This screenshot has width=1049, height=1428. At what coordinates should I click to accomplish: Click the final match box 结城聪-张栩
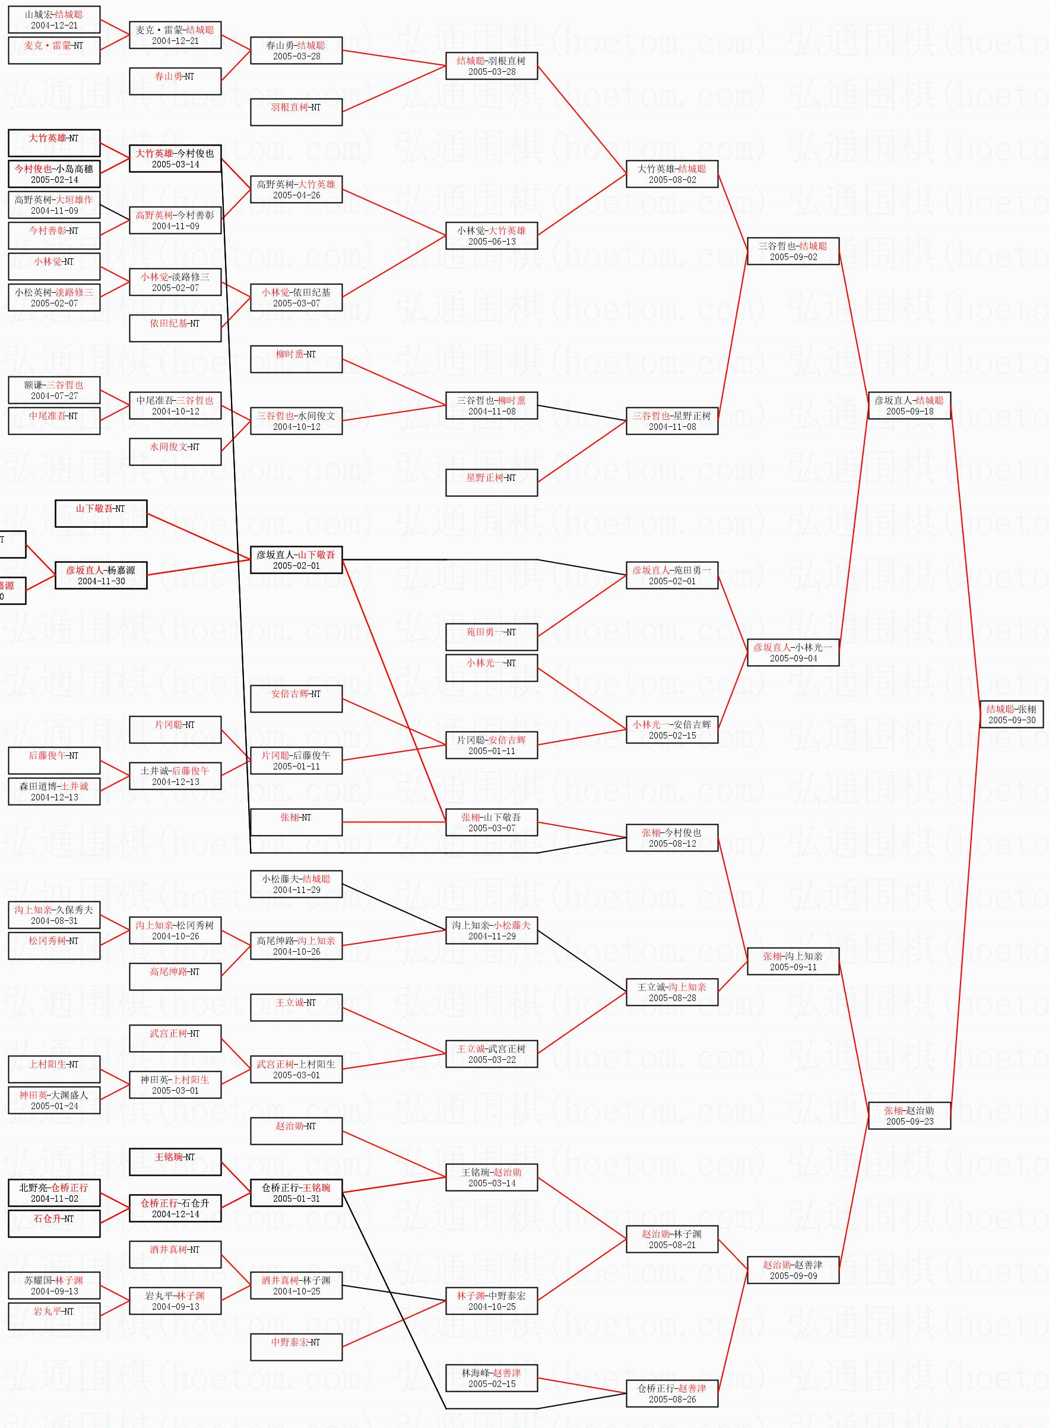tap(1011, 714)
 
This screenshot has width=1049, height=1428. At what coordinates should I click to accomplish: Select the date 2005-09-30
tap(1011, 720)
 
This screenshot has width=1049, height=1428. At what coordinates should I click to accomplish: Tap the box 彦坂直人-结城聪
tap(909, 406)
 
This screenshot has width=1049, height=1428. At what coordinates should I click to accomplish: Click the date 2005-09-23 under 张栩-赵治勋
tap(909, 1121)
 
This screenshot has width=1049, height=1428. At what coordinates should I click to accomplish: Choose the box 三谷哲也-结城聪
tap(793, 251)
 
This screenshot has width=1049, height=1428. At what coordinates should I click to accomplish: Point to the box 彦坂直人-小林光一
tap(793, 653)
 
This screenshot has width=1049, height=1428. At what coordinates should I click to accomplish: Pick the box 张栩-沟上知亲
tap(793, 961)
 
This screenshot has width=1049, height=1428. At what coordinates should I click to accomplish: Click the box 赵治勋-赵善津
tap(793, 1270)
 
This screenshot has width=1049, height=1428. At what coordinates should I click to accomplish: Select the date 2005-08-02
tap(672, 180)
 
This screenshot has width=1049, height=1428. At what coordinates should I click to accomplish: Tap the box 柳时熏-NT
tap(296, 359)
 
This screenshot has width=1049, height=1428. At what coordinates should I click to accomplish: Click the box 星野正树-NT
tap(491, 483)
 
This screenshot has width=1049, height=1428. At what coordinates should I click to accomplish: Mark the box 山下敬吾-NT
tap(100, 513)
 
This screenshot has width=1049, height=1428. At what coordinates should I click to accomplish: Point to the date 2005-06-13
tap(492, 241)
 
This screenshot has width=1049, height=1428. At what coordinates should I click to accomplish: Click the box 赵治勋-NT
tap(296, 1131)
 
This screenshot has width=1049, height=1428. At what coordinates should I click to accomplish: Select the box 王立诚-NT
tap(296, 1007)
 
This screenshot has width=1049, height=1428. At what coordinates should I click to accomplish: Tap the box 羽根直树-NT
tap(296, 112)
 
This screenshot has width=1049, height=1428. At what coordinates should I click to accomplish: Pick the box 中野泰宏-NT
tap(296, 1347)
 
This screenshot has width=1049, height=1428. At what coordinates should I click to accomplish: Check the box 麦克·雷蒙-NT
tap(54, 50)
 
